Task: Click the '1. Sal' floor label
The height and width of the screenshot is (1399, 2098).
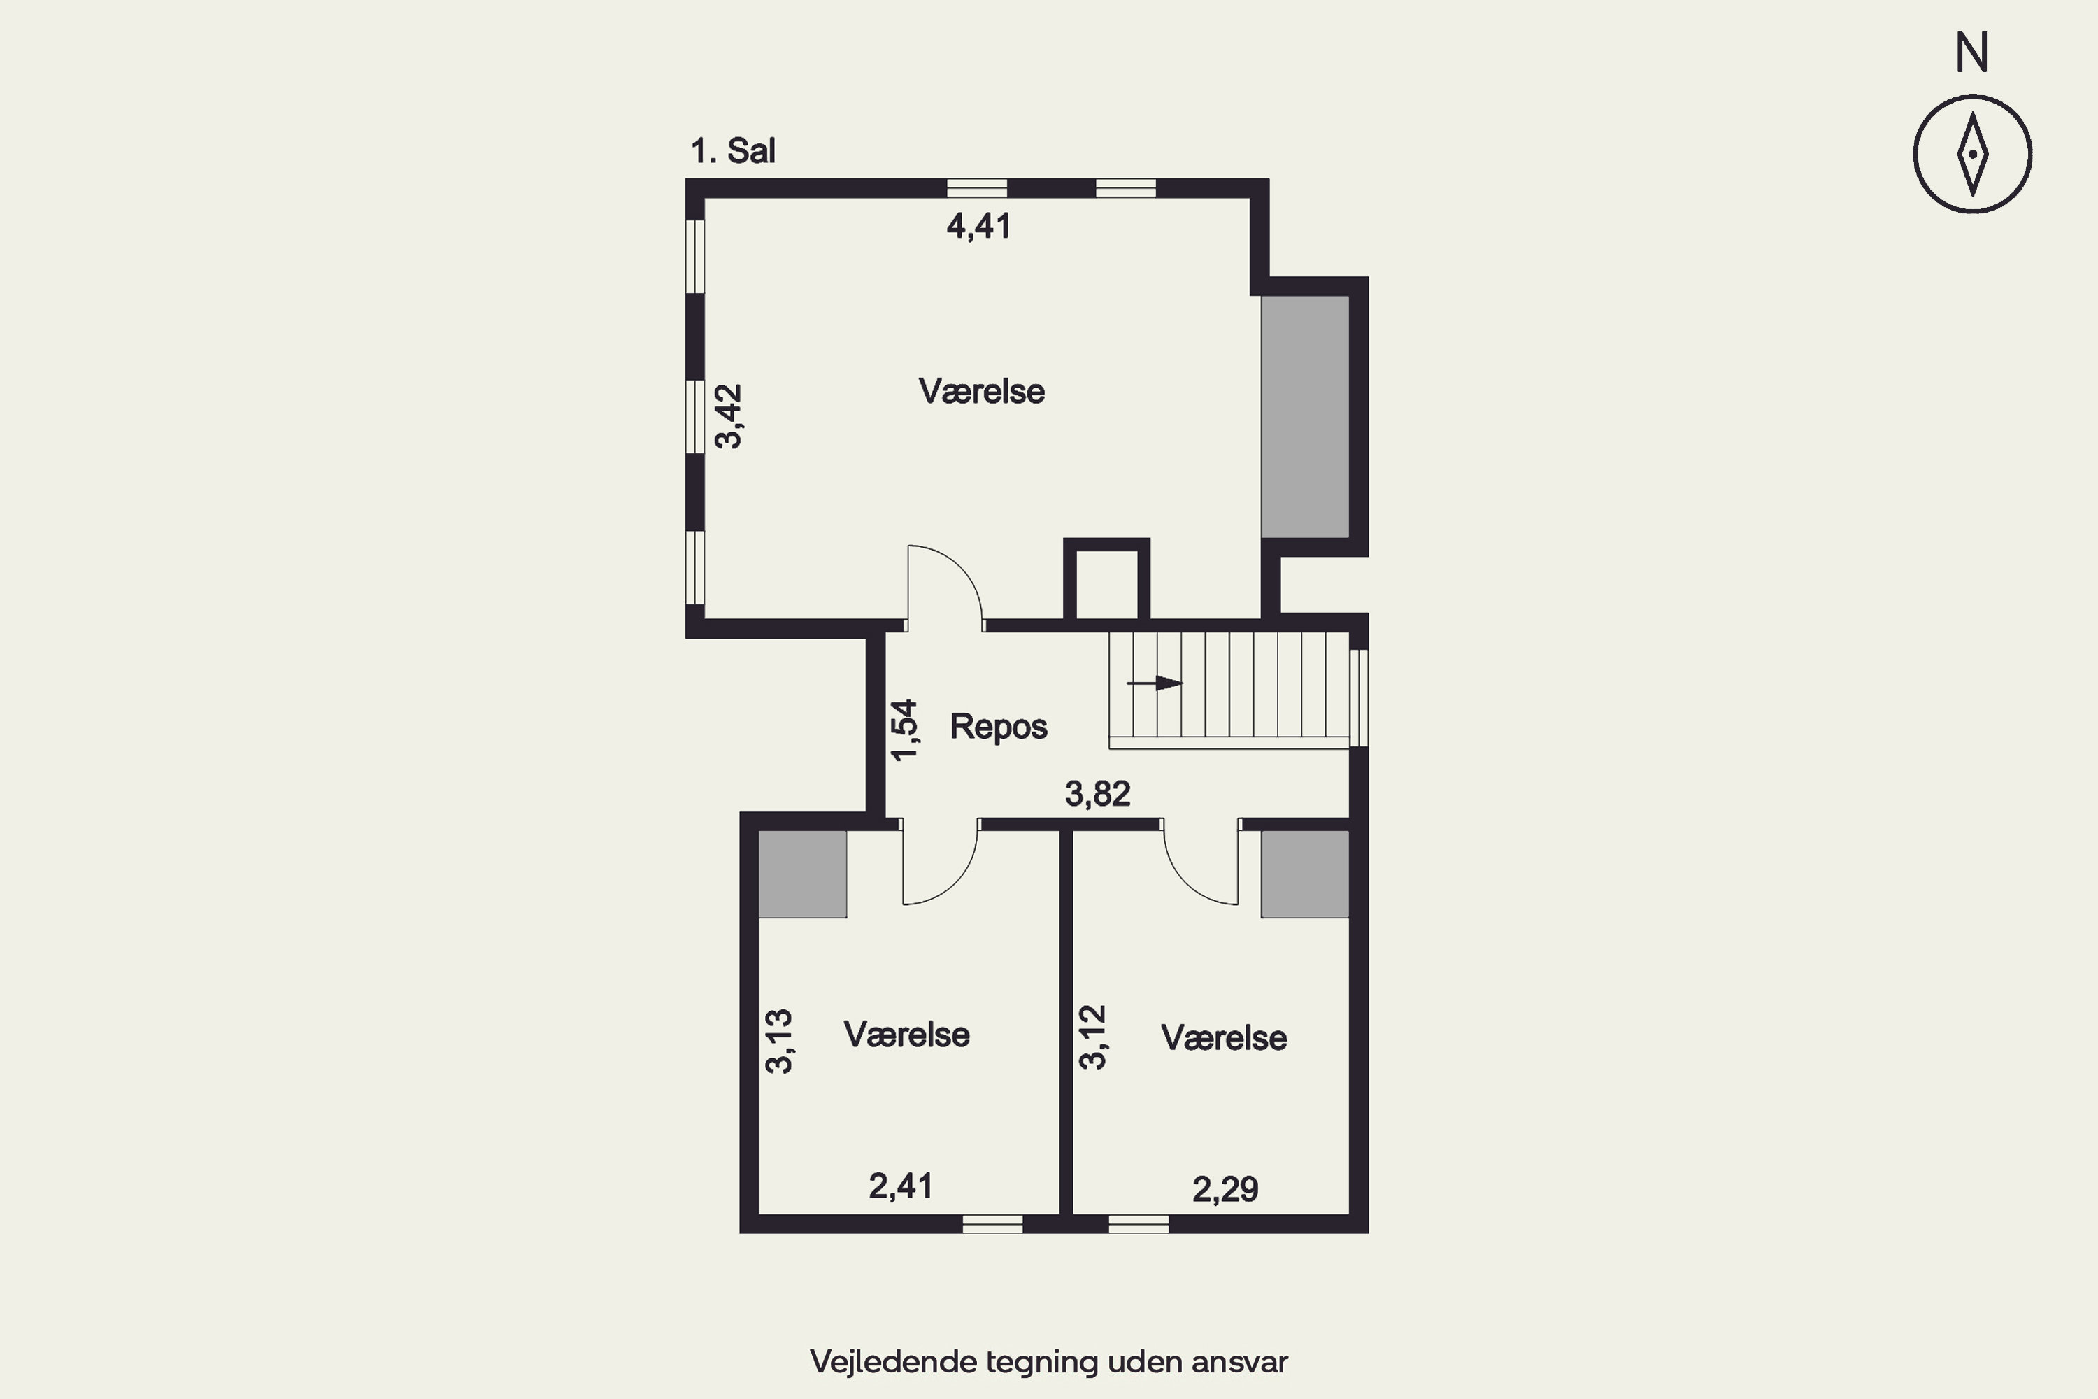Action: point(732,151)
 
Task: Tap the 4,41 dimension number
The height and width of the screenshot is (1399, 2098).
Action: point(978,227)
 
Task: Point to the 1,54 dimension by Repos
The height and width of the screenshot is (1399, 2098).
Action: point(904,730)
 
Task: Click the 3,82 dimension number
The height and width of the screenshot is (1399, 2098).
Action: point(1097,793)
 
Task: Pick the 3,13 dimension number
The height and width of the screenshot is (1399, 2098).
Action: point(779,1042)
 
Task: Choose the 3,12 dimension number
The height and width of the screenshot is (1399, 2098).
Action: point(1092,1037)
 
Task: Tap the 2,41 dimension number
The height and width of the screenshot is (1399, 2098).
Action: point(901,1186)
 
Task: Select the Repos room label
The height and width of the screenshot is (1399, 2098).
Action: point(998,726)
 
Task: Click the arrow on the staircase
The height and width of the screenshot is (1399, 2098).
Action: point(1155,683)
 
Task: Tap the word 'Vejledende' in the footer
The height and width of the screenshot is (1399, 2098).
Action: point(894,1361)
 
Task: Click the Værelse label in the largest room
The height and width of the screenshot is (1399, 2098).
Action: point(981,391)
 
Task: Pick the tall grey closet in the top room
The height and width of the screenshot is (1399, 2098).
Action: point(1304,417)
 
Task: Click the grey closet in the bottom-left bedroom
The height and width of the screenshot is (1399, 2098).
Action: point(802,874)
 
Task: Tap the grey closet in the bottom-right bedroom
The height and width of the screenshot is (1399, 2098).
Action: point(1304,874)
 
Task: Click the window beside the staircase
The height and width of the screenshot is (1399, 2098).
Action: point(1359,697)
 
